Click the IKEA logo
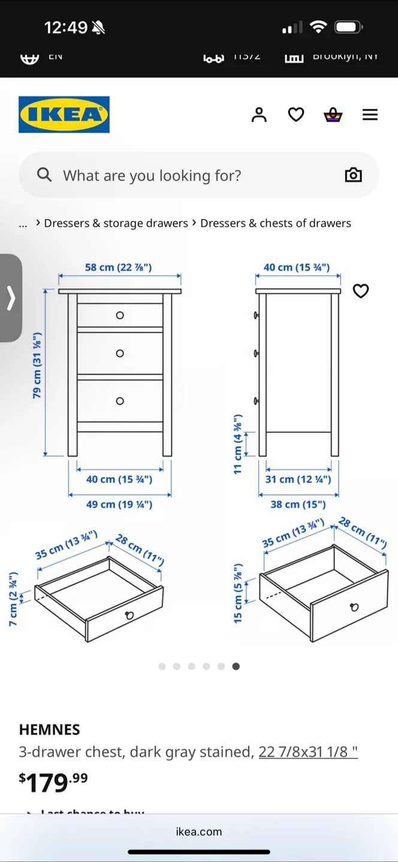coord(64,114)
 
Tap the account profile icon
coord(259,114)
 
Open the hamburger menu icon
coord(370,114)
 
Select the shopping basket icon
coord(333,114)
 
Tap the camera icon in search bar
coord(353,175)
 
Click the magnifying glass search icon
coord(44,175)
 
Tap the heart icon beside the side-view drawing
coord(360,291)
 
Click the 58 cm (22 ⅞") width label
coord(118,267)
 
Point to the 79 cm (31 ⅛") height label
coord(37,366)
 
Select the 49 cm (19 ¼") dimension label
coord(119,505)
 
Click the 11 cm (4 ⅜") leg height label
coord(238,444)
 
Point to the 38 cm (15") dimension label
coord(298,505)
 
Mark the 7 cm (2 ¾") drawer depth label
coord(13,599)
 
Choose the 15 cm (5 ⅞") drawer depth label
coord(238,593)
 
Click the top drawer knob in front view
coord(120,315)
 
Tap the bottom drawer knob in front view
coord(120,401)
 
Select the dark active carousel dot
coord(236,666)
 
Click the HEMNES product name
coord(49,730)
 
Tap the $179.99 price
coord(53,782)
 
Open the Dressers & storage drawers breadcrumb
coord(116,223)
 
